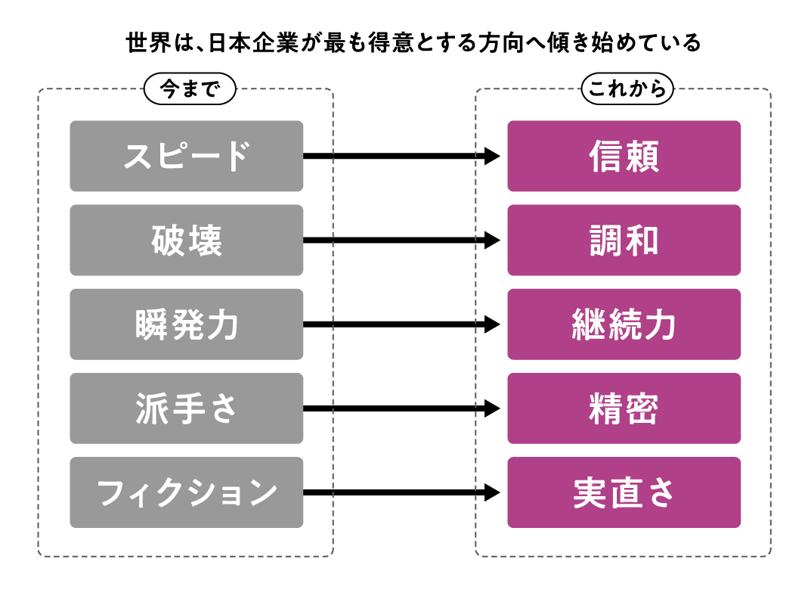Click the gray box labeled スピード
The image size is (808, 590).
pos(186,157)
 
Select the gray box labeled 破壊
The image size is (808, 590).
pos(186,241)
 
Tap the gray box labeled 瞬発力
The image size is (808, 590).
pos(186,324)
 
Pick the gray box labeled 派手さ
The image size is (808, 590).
pos(186,408)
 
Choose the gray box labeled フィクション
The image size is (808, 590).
pos(186,492)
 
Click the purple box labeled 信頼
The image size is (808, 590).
pos(624,157)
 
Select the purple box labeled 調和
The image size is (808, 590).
pos(624,241)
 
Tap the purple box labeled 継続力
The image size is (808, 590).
pos(624,324)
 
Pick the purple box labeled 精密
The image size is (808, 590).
pos(624,408)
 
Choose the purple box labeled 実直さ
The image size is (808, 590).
pos(624,492)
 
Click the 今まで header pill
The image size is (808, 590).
pos(190,89)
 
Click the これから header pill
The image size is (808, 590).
pos(627,89)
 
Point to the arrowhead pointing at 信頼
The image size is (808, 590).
pos(492,157)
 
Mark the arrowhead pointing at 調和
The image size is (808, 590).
pos(492,241)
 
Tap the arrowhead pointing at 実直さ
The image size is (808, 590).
pos(492,492)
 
